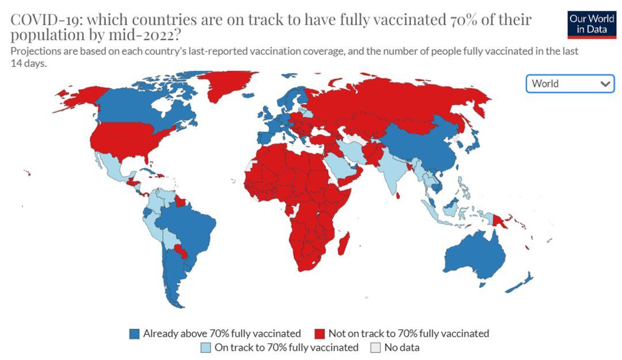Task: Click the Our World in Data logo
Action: coord(591,24)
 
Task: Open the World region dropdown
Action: coord(570,84)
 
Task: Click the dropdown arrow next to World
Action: coord(605,84)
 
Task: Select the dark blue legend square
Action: coord(135,334)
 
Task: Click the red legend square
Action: coord(320,334)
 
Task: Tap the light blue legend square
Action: coord(206,347)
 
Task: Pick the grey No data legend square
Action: coord(376,347)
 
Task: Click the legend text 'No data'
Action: coord(402,347)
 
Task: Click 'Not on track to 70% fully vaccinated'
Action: coord(408,334)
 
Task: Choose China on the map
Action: coord(423,144)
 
